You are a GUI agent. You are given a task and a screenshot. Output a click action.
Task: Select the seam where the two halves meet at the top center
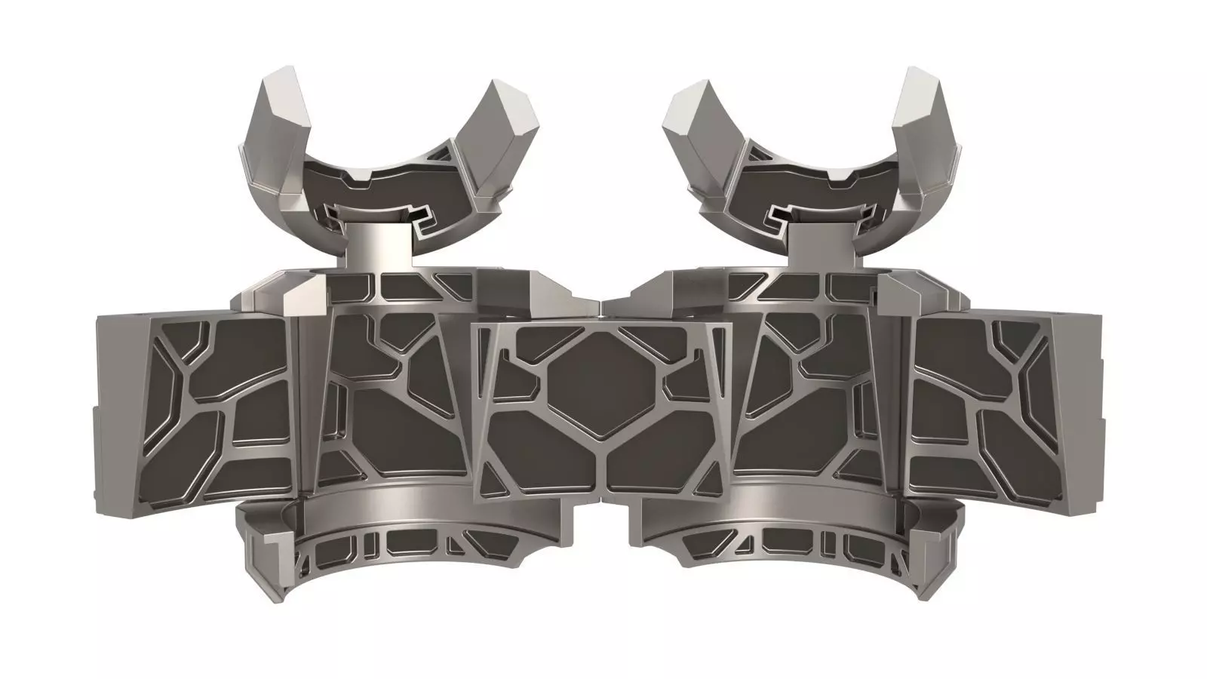603,306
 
